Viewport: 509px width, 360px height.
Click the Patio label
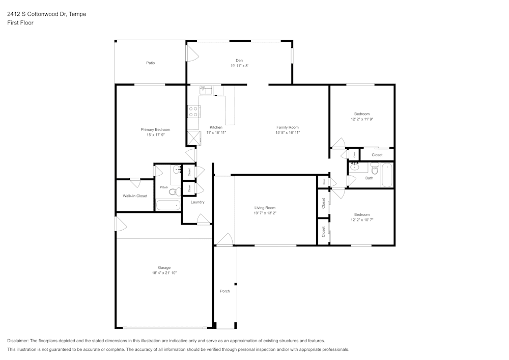[150, 63]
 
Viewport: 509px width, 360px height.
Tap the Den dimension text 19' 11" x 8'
[239, 66]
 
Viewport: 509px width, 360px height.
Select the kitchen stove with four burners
[193, 111]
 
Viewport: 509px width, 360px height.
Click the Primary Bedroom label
[155, 130]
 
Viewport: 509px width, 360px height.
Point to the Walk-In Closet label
[135, 196]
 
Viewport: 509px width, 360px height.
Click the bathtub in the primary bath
[168, 205]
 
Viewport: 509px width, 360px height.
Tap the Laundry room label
[197, 202]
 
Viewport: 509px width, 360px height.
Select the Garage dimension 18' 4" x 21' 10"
[164, 273]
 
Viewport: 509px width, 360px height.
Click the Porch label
[224, 291]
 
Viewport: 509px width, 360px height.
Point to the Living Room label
[265, 208]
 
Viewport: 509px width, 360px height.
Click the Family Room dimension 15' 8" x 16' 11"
[288, 132]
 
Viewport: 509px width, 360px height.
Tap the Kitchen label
[216, 127]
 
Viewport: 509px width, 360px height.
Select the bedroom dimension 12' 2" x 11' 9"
[362, 119]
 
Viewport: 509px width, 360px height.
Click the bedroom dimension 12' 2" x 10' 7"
[362, 219]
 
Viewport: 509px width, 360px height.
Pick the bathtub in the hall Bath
[387, 175]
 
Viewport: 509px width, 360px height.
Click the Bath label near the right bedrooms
[369, 178]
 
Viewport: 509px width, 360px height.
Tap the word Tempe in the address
[78, 14]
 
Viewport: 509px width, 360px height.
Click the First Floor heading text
[20, 23]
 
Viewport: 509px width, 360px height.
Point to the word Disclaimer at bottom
[18, 341]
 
